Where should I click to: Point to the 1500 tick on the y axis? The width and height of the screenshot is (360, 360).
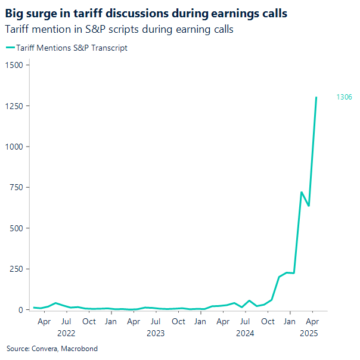(13, 65)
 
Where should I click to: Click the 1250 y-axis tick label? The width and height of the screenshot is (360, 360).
(13, 105)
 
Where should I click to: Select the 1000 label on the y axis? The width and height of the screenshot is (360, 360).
(13, 147)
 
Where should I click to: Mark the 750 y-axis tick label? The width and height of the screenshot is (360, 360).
(15, 187)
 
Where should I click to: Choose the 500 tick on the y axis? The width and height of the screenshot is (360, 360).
(15, 228)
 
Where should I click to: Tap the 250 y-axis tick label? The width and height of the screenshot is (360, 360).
(15, 269)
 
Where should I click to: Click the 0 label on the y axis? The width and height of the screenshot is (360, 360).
(20, 310)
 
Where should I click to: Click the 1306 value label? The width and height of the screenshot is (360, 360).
(344, 97)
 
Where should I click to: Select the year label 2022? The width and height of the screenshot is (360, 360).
(66, 334)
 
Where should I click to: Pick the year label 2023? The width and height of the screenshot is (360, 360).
(156, 334)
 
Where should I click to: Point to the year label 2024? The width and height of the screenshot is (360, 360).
(245, 334)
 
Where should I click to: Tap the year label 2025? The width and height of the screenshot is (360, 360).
(309, 334)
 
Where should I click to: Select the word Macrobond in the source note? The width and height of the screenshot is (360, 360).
(79, 349)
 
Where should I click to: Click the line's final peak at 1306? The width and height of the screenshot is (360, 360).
(316, 97)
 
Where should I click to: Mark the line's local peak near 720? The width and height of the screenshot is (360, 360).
(302, 192)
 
